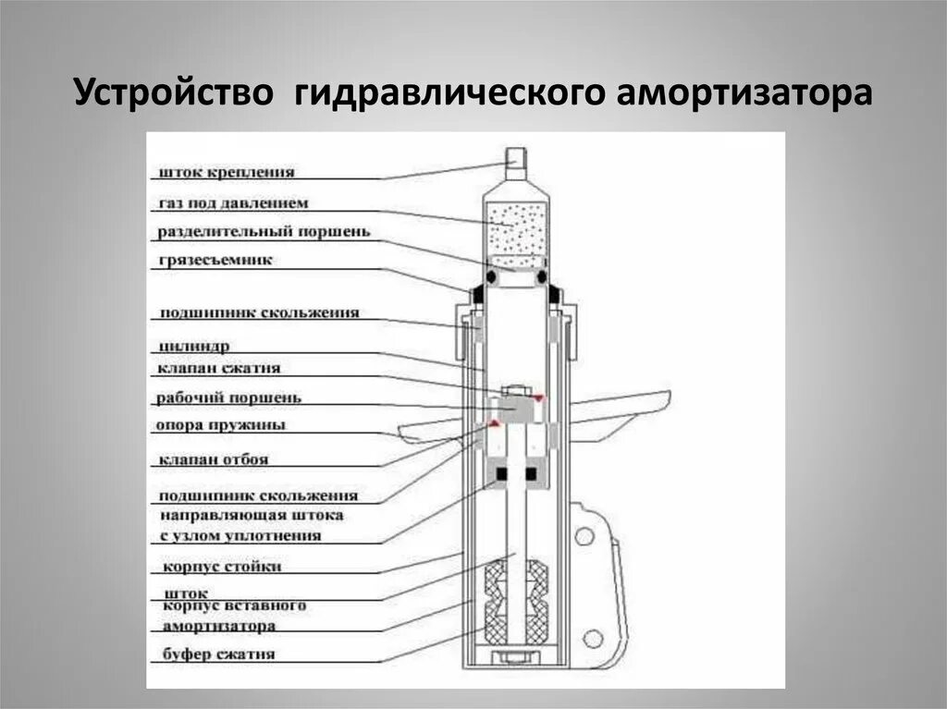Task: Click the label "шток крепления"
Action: (227, 172)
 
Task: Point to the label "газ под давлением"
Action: (233, 202)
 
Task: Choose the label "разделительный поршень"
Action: (264, 231)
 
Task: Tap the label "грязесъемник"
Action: (215, 261)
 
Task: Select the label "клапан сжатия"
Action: (219, 368)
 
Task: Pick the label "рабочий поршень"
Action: (228, 397)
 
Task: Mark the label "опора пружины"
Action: (221, 425)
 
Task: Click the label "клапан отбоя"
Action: (214, 458)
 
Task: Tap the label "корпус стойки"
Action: (221, 566)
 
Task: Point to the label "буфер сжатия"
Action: (218, 654)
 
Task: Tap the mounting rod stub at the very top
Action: (516, 165)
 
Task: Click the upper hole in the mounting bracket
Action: (584, 535)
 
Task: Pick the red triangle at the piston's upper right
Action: (537, 397)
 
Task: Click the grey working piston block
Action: (515, 407)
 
